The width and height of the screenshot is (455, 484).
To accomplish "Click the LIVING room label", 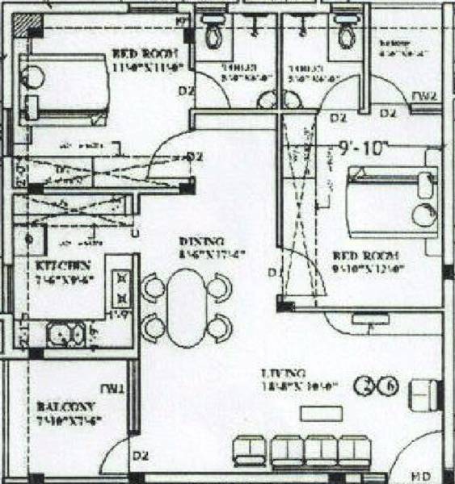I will [284, 373].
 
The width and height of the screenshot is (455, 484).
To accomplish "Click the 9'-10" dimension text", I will [364, 148].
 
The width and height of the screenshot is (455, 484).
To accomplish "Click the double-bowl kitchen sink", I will [66, 332].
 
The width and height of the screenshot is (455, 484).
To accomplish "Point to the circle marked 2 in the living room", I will [368, 384].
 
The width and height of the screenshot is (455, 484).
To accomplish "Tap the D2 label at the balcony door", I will [139, 458].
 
